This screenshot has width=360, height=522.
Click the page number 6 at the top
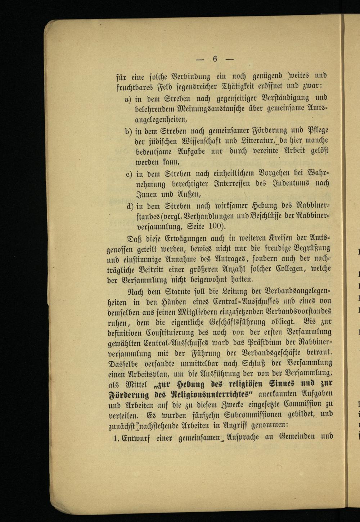215,59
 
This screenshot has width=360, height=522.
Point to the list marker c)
129,174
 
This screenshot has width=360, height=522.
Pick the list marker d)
130,206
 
